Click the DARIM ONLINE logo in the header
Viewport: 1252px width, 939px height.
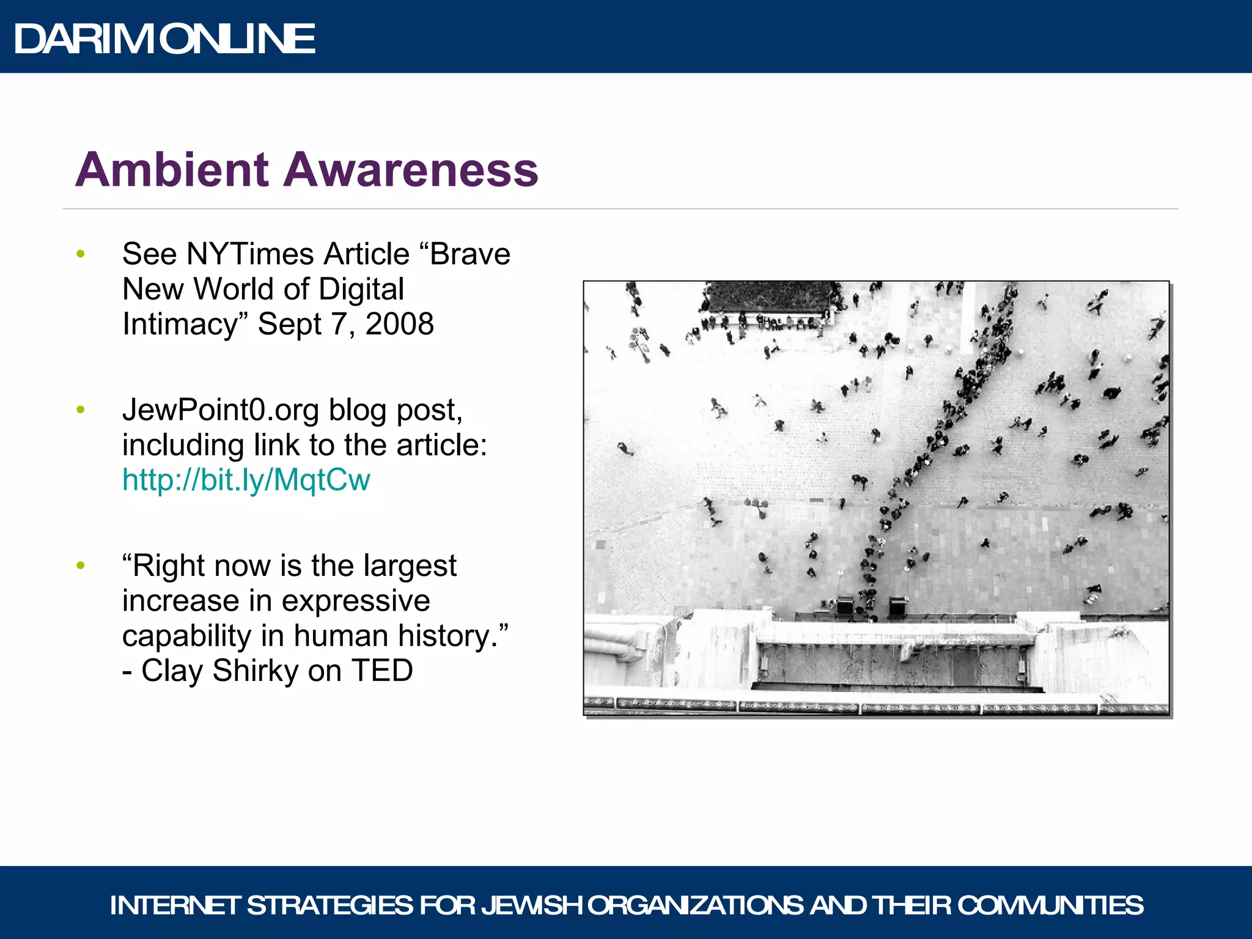pos(164,39)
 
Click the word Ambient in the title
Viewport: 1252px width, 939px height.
pos(172,169)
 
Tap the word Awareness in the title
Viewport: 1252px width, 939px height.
pos(410,169)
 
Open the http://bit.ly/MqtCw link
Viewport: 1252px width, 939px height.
pos(246,480)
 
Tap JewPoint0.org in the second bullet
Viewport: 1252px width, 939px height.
pos(220,410)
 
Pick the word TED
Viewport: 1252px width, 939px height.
pos(382,671)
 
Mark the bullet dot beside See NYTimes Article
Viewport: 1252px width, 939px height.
pos(81,254)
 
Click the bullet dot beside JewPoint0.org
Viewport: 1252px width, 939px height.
pos(81,410)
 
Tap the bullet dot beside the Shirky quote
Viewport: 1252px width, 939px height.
pos(81,566)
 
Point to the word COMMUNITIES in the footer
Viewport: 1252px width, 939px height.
pos(1050,905)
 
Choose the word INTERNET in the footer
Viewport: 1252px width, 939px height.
pos(175,905)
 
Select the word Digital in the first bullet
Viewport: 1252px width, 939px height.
pos(361,289)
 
